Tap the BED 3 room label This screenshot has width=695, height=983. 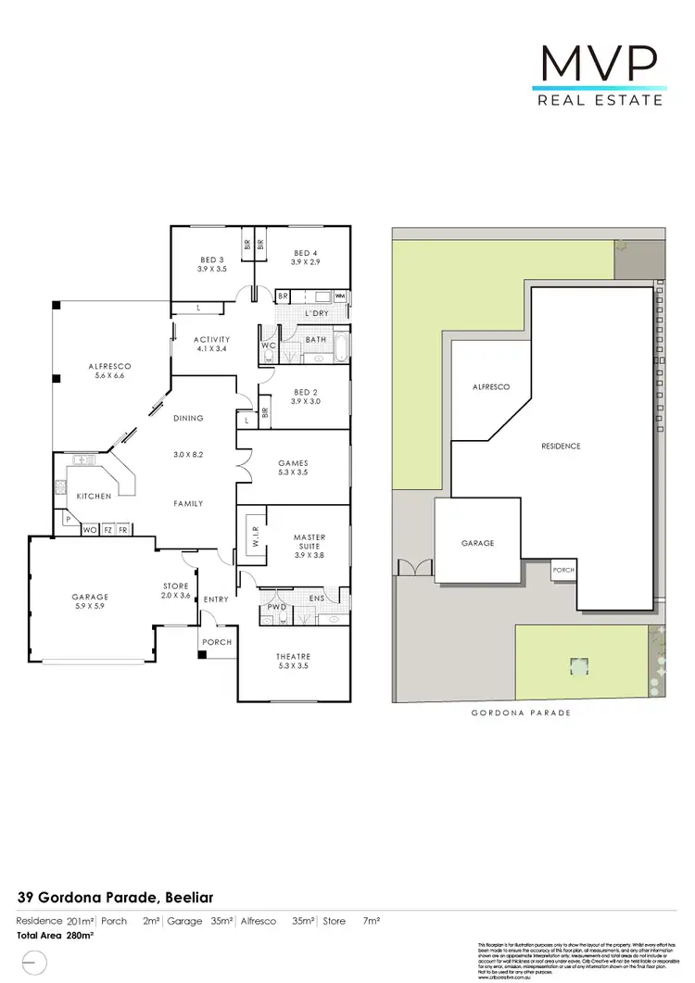pos(211,259)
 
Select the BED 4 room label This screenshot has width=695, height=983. pos(307,253)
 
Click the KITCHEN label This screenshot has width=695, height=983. pos(95,497)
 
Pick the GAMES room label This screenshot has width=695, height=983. pos(293,463)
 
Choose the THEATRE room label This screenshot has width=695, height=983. pos(293,657)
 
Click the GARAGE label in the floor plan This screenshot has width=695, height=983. pos(91,597)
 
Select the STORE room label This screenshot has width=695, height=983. pos(176,586)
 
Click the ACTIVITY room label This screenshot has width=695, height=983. pos(212,340)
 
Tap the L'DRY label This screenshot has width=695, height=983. pos(318,313)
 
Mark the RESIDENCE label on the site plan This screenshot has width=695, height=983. pos(561,446)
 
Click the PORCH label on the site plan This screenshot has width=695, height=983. pos(563,570)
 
